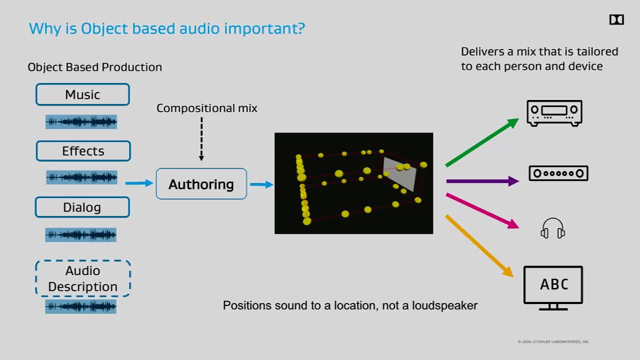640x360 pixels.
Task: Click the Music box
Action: point(82,94)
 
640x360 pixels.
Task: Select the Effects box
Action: point(83,151)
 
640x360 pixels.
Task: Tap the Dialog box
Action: point(82,207)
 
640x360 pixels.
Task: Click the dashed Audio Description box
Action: point(82,278)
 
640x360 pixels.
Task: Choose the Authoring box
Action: point(201,184)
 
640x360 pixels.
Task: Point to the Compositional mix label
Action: point(206,108)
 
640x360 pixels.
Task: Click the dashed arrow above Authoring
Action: point(201,139)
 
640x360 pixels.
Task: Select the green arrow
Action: point(482,142)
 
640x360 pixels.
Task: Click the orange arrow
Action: point(479,245)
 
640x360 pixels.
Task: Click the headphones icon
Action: point(552,228)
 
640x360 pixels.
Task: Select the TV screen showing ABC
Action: point(553,285)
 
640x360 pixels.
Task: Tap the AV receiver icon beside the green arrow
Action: point(554,113)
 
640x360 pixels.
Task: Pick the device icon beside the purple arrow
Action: point(558,173)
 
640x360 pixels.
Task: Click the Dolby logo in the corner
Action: point(616,19)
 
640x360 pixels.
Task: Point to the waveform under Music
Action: point(81,121)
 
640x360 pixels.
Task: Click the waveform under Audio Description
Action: point(81,306)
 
